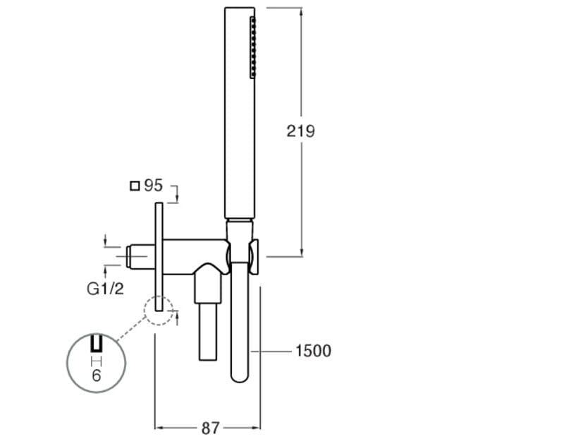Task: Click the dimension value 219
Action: pyautogui.click(x=300, y=131)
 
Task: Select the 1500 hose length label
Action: pyautogui.click(x=313, y=351)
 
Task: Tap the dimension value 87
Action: pyautogui.click(x=210, y=428)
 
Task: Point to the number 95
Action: pyautogui.click(x=153, y=186)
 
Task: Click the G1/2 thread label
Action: pyautogui.click(x=105, y=288)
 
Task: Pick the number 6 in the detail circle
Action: pyautogui.click(x=96, y=375)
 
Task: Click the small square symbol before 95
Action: pyautogui.click(x=135, y=186)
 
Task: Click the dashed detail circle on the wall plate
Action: pyautogui.click(x=158, y=309)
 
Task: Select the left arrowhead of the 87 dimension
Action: pyautogui.click(x=159, y=428)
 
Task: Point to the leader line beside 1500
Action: pyautogui.click(x=276, y=351)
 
